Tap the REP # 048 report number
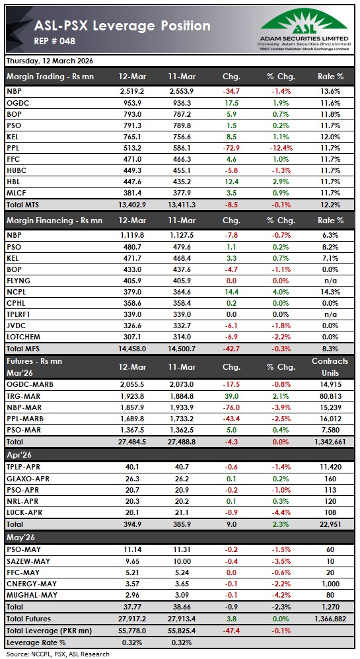click(55, 42)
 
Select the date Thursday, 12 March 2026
click(50, 61)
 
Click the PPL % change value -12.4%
click(281, 147)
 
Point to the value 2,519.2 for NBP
click(133, 90)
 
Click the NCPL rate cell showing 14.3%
click(332, 293)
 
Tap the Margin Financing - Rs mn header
click(54, 221)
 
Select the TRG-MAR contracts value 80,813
click(330, 396)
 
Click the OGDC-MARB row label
click(30, 384)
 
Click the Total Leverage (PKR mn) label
click(49, 630)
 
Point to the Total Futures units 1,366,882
click(326, 618)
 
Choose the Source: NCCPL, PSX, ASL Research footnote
click(58, 654)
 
